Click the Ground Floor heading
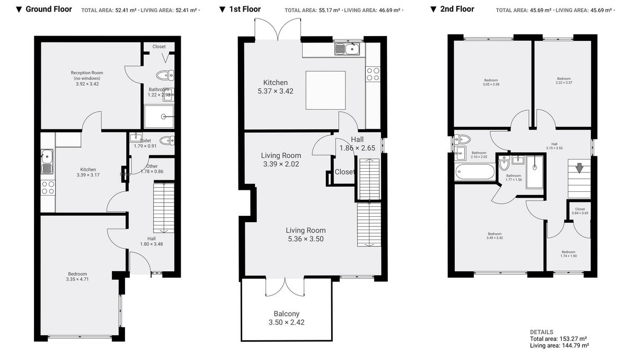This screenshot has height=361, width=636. coord(48,9)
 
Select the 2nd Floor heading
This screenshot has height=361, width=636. coord(457,9)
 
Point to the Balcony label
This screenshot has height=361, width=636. coord(286,314)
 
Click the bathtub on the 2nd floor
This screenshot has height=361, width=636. coord(475,171)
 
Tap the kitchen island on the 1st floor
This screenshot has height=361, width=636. coord(325,90)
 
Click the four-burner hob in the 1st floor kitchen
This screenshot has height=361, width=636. coord(373,74)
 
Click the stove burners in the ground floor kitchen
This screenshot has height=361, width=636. coord(48,187)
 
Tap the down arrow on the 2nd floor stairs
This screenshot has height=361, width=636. coord(579,168)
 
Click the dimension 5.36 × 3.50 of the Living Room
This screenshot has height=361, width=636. coord(306,239)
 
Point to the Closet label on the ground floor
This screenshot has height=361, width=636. coord(159,47)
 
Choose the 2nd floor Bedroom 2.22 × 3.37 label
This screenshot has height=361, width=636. coord(563,81)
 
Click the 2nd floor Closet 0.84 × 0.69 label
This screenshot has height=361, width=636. coord(580,211)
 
